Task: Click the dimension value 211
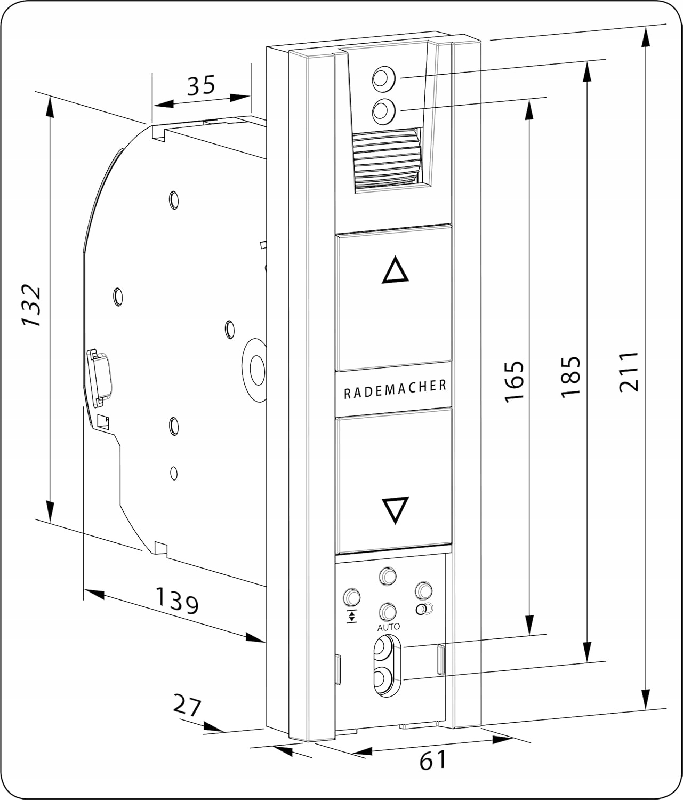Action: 629,371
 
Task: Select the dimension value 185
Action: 570,375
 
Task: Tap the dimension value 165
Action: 514,381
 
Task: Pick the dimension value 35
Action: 200,85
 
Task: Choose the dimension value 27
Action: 187,706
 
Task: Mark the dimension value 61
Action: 432,760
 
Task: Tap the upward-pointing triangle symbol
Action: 395,270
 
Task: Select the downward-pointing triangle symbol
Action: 395,509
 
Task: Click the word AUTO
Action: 388,627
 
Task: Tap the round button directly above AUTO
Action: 388,611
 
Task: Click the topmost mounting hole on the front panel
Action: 383,78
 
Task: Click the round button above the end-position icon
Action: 352,596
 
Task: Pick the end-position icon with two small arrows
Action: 352,617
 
